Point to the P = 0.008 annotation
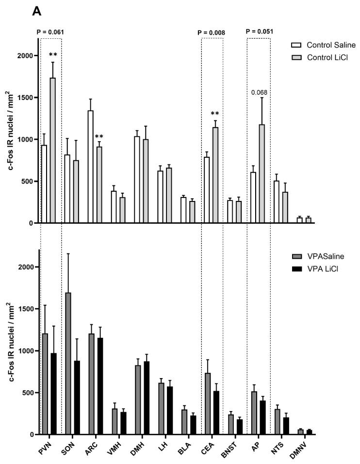(x=212, y=33)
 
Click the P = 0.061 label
(x=50, y=33)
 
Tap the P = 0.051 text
(x=259, y=32)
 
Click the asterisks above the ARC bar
(x=99, y=137)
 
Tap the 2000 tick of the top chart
(x=25, y=56)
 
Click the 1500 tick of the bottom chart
(x=25, y=309)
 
